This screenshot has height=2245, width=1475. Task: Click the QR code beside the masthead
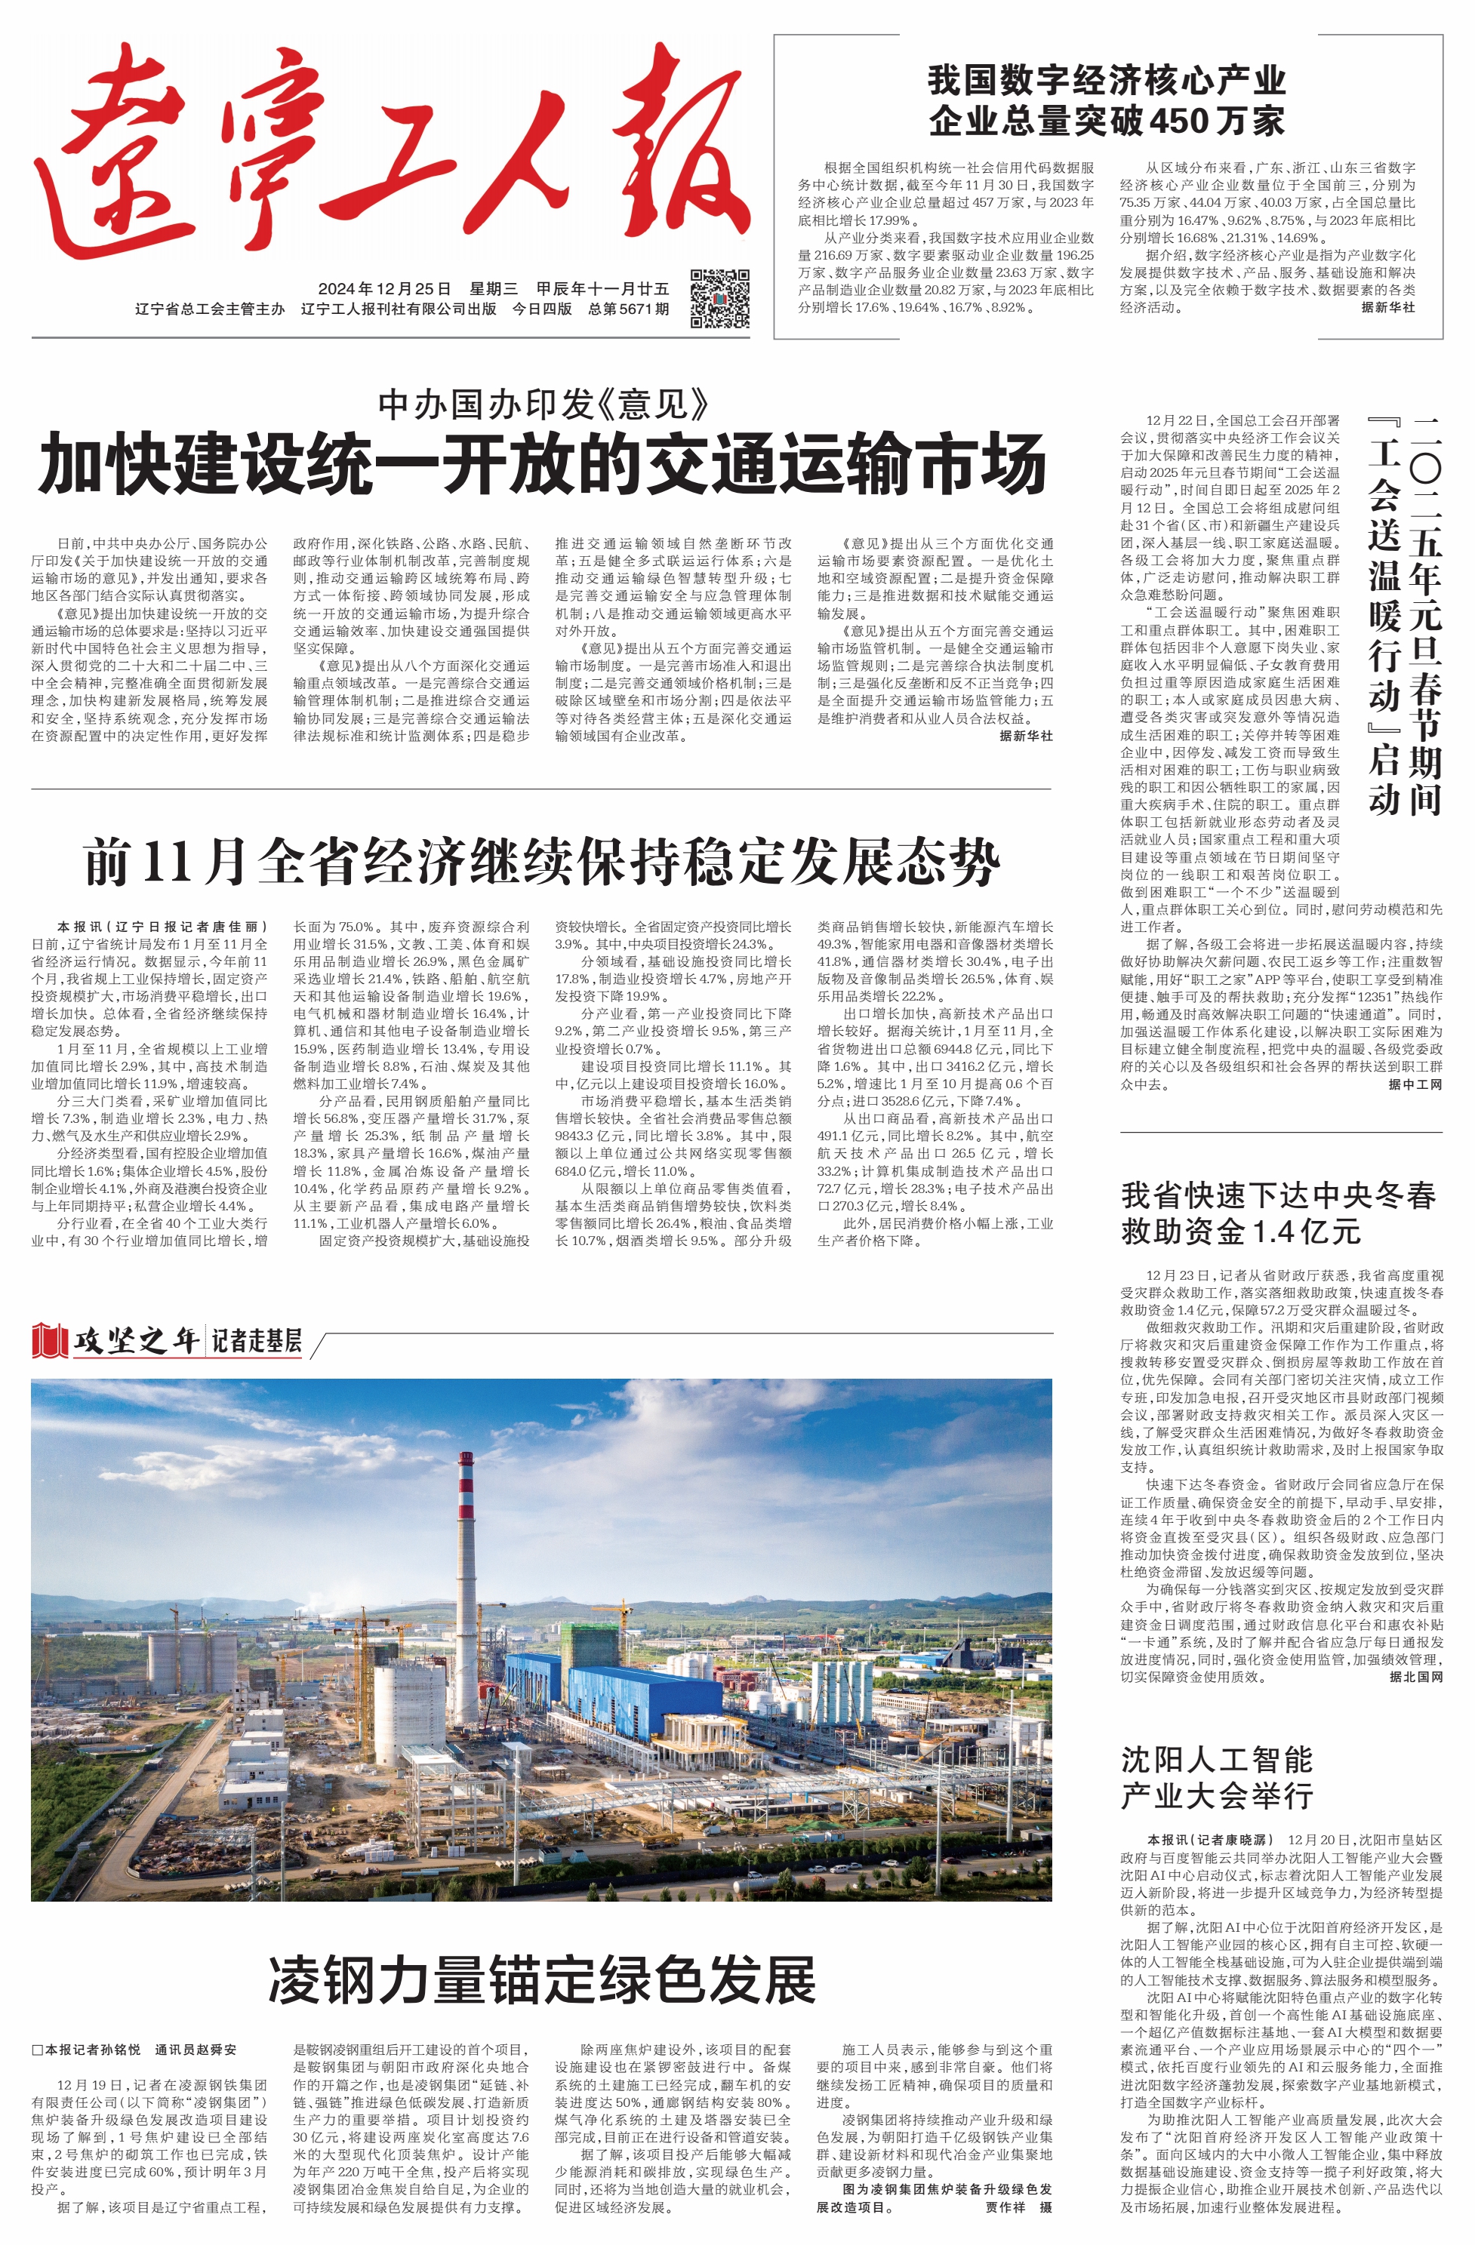(720, 298)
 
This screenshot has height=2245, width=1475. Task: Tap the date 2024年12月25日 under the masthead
(384, 288)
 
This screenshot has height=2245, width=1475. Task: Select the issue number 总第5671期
(629, 309)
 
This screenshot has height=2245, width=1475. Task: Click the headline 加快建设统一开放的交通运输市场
(542, 464)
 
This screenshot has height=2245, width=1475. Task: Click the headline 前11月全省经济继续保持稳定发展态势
(542, 861)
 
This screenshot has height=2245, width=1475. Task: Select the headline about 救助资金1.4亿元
(1278, 1213)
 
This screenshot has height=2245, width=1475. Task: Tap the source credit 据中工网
(1415, 1085)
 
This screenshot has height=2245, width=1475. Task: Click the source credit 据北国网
(1415, 1677)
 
